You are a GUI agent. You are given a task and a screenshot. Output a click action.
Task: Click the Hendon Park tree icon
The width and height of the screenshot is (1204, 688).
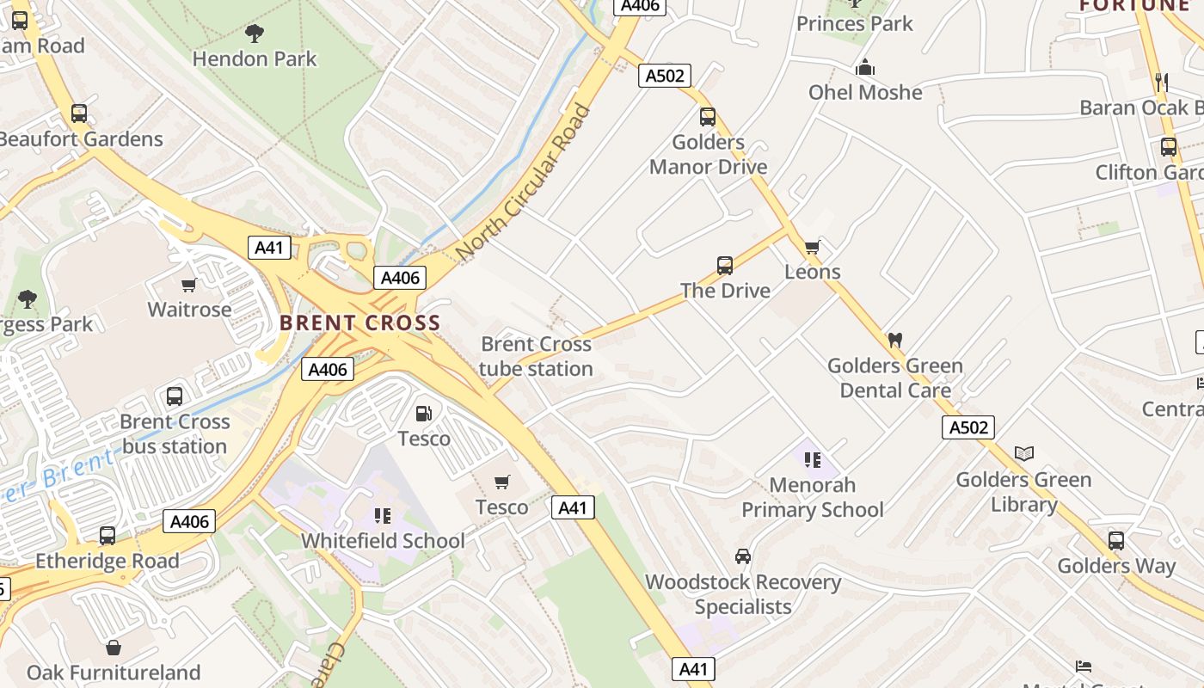(254, 34)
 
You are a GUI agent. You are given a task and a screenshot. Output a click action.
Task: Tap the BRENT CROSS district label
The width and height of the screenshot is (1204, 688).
(359, 323)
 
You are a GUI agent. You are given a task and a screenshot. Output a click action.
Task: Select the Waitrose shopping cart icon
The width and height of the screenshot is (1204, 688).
(189, 285)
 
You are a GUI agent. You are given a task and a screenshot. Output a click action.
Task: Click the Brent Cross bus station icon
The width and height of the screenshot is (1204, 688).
(175, 396)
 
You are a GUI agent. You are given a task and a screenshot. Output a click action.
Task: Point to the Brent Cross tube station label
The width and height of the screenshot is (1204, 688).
(536, 356)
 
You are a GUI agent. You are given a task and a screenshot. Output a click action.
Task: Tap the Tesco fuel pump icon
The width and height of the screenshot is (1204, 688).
(423, 414)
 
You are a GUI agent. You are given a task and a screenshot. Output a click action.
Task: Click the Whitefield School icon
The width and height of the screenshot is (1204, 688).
(383, 516)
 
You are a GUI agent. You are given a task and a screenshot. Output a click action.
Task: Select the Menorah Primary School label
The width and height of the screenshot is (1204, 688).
(812, 497)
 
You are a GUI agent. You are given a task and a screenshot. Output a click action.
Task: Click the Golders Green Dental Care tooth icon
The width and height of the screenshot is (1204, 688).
(894, 340)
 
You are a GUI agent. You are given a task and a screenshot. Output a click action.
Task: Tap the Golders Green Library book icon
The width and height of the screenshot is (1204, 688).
(1023, 453)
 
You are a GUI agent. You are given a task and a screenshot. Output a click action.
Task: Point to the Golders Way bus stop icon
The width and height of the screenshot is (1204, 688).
(1115, 540)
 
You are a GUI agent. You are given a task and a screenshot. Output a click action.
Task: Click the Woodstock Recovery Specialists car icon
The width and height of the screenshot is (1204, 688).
(743, 556)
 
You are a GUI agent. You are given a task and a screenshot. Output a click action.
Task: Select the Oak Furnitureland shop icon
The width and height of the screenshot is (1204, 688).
(114, 647)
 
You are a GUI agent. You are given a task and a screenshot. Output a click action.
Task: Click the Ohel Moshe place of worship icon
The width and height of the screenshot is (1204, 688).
(865, 67)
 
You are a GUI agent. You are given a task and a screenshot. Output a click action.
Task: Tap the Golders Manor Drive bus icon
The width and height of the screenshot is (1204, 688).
(708, 117)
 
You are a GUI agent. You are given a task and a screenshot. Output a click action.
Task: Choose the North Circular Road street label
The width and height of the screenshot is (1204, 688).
(525, 182)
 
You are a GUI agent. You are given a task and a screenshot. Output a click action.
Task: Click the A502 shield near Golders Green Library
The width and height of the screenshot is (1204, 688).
(967, 427)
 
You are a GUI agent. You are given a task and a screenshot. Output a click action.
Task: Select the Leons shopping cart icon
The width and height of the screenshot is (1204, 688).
(812, 248)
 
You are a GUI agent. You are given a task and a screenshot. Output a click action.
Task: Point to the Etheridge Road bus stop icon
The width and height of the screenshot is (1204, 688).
(107, 535)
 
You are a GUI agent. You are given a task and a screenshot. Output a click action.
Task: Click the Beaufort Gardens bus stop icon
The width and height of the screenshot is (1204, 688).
(79, 114)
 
